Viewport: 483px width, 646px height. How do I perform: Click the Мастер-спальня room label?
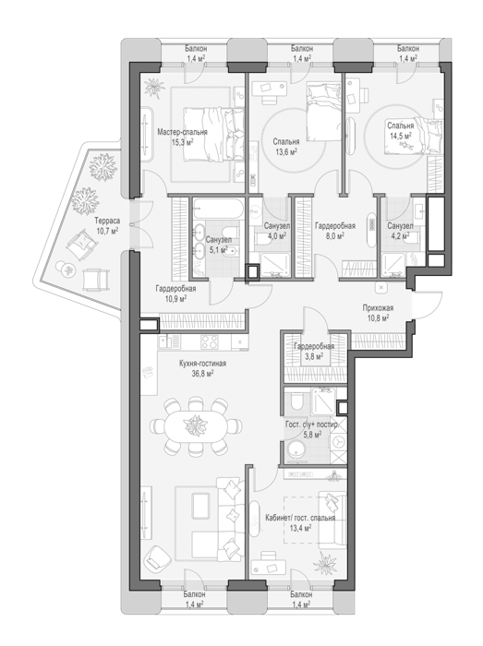tap(182, 132)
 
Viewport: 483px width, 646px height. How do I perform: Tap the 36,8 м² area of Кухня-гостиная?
tap(202, 373)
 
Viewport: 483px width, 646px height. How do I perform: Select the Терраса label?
tap(107, 221)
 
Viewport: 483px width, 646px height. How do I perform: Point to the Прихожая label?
tap(378, 307)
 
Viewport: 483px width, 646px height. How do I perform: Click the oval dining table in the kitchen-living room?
tap(196, 426)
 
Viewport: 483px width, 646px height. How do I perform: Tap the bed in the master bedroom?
tap(213, 134)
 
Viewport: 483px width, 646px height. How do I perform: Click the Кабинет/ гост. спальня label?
tap(300, 518)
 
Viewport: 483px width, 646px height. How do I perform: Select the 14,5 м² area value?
tap(401, 135)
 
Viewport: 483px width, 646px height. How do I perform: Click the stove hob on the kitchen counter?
tap(210, 342)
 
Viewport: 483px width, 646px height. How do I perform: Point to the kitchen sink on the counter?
tap(170, 341)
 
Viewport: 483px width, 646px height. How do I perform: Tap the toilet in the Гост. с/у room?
tap(296, 401)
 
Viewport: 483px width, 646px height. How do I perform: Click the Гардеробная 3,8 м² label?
tap(314, 352)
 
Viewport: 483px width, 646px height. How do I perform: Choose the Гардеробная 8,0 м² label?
tap(334, 231)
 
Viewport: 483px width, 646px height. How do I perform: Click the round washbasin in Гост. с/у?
tap(296, 450)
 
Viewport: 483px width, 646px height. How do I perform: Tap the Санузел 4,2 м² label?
tap(400, 231)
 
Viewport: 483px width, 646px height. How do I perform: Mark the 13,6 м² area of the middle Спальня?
tap(286, 152)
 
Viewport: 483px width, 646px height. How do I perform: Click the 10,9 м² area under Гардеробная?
tap(175, 298)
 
